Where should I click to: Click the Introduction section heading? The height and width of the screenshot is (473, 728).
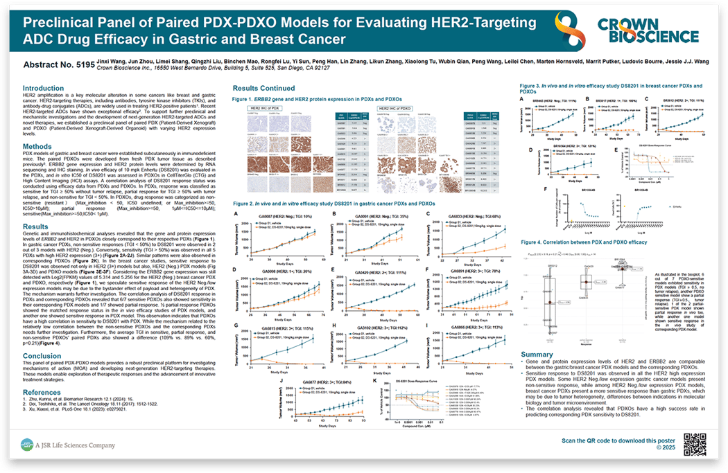(43, 89)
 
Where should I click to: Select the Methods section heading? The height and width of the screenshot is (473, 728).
(37, 147)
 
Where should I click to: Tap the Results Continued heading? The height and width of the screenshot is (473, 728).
(263, 89)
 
